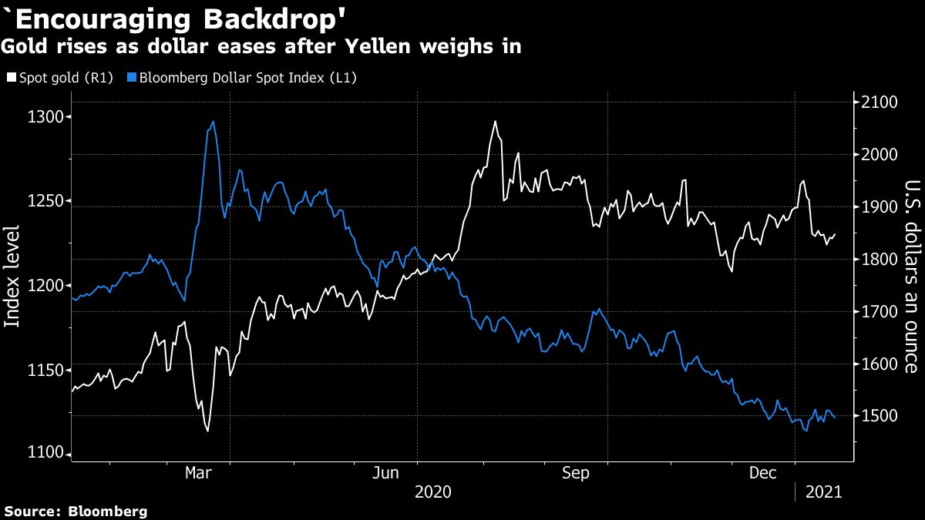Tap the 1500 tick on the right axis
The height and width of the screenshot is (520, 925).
[880, 416]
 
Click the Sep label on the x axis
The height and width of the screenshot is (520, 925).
[577, 474]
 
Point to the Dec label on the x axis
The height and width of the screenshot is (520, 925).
[765, 474]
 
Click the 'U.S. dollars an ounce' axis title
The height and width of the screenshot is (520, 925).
[911, 276]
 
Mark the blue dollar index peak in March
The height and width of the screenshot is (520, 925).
[213, 121]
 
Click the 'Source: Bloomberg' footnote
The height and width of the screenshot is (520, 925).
[75, 512]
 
